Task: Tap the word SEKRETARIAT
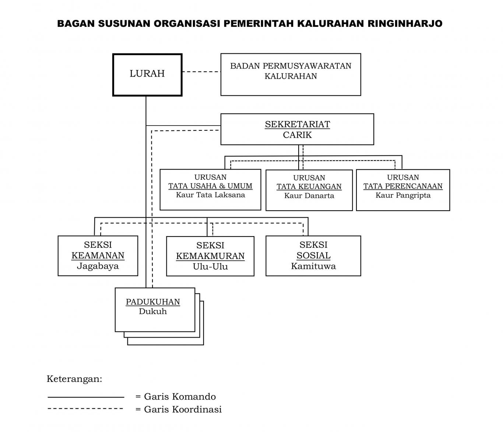pos(297,124)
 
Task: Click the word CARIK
pos(297,134)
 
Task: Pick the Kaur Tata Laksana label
pos(210,195)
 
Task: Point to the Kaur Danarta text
pos(309,196)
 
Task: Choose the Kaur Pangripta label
pos(403,195)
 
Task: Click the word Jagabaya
pos(98,266)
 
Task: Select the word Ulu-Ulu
pos(210,267)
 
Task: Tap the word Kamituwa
pos(313,266)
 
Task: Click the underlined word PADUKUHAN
pos(153,302)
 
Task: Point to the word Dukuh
pos(153,311)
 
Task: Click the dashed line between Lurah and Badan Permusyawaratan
pos(201,71)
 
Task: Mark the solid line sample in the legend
pos(86,397)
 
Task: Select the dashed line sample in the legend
pos(85,408)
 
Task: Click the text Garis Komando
pos(180,397)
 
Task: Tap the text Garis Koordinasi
pos(183,409)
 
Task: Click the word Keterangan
pos(74,379)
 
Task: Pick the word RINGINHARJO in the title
pos(405,24)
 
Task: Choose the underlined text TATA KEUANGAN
pos(309,186)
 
